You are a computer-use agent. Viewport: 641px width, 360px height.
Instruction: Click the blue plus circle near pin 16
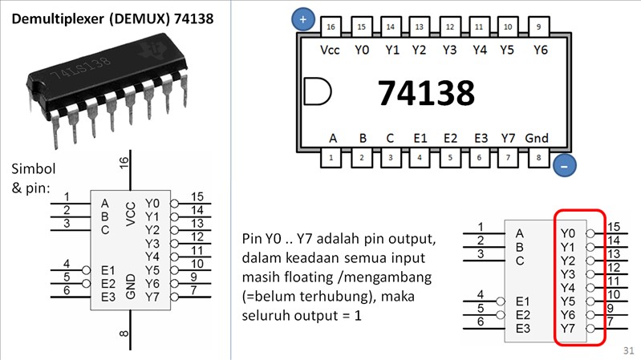coord(302,18)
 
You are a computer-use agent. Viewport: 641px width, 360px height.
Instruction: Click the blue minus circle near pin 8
coord(563,166)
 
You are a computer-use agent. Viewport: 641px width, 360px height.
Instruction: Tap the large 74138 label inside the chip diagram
coord(426,94)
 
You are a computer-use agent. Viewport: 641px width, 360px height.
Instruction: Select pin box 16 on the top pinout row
coord(331,27)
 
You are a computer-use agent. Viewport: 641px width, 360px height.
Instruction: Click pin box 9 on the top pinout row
coord(538,27)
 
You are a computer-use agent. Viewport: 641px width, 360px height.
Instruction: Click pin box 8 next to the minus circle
coord(537,157)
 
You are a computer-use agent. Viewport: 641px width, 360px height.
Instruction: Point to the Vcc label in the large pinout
coord(330,50)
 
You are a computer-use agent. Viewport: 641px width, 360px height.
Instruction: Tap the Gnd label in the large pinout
coord(536,138)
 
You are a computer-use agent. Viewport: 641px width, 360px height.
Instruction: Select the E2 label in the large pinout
coord(450,138)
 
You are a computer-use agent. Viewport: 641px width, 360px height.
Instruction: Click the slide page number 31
coord(628,351)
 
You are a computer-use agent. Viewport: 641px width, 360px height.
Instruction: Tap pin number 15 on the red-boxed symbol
coord(615,228)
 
